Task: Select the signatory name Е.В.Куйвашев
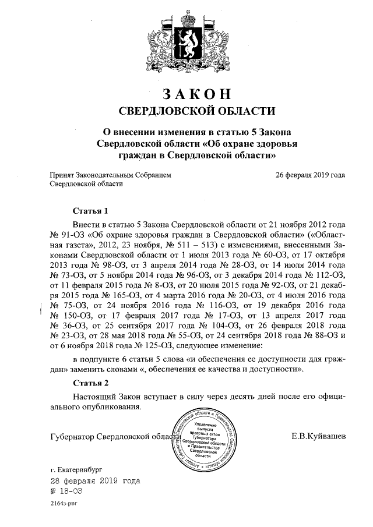coord(318,436)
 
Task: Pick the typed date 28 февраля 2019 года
coord(95,481)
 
